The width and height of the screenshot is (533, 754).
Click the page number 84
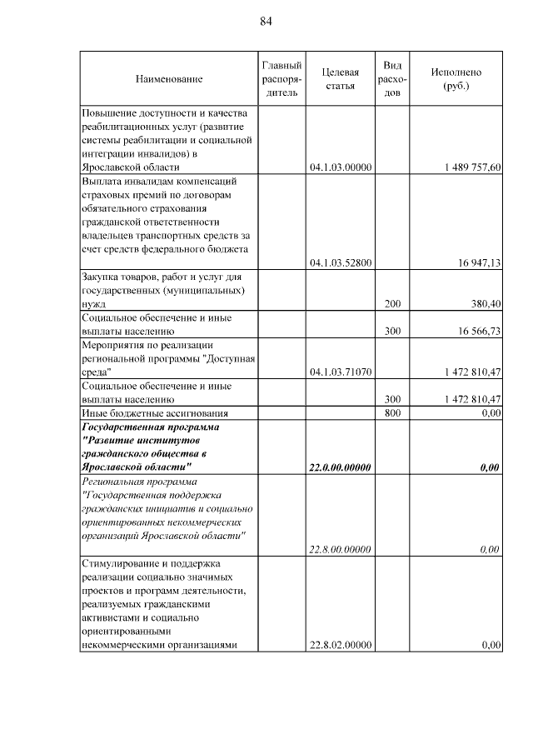[x=266, y=21]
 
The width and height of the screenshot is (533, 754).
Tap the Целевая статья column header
[x=340, y=79]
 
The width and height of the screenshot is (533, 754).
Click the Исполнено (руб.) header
[x=456, y=79]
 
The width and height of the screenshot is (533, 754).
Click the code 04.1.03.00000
[x=340, y=167]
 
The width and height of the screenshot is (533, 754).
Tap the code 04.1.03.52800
[x=340, y=262]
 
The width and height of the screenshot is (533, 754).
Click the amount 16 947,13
[x=478, y=262]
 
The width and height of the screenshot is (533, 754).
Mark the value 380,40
[x=485, y=305]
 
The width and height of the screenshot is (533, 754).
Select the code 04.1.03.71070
[x=340, y=372]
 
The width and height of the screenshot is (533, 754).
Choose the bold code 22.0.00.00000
[x=340, y=467]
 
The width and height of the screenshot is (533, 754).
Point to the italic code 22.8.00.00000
[x=340, y=550]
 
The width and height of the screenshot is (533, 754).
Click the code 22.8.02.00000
[x=340, y=645]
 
